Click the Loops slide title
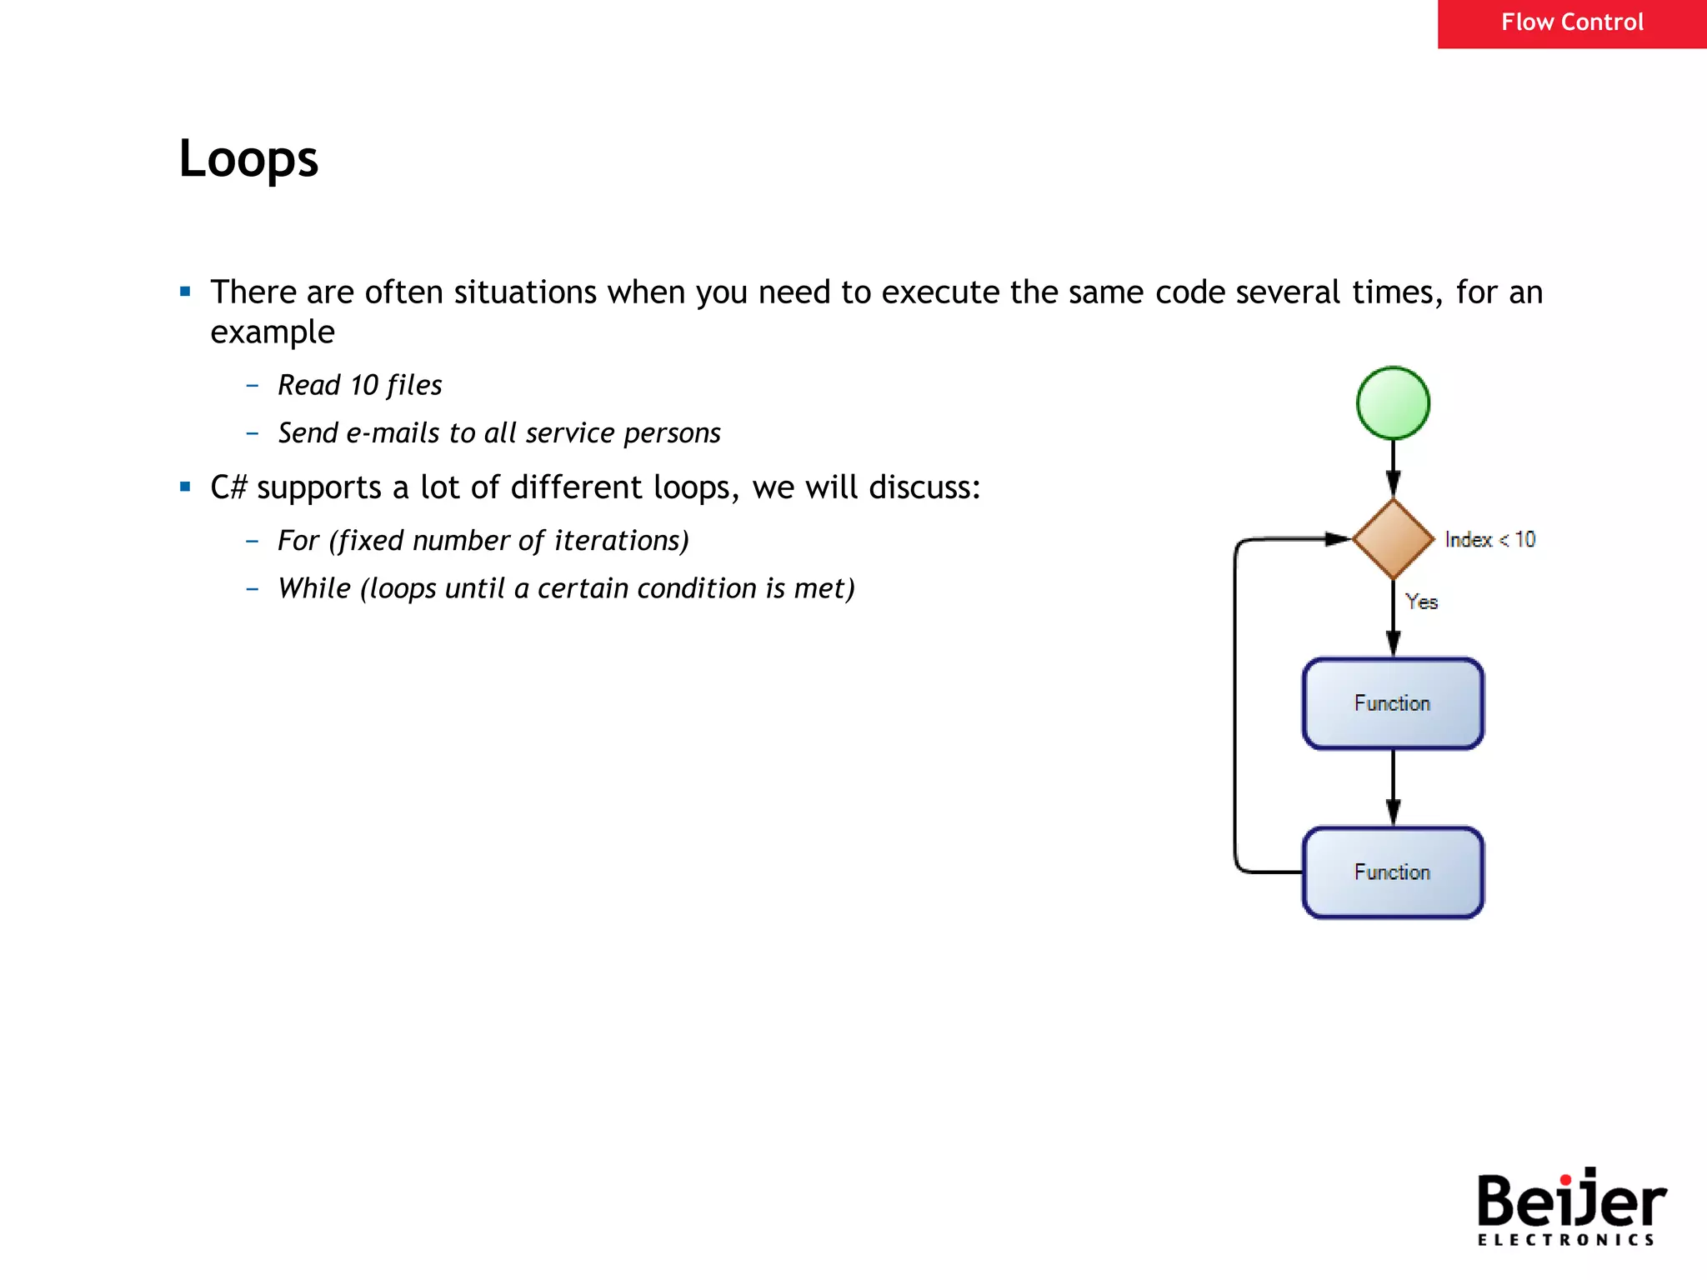coord(248,158)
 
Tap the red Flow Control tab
coord(1571,23)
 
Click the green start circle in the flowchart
coord(1393,403)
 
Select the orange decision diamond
coord(1393,539)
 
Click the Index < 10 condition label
coord(1489,540)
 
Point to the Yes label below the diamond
coord(1421,602)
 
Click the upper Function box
coord(1393,703)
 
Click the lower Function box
coord(1393,872)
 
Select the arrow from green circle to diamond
coord(1393,468)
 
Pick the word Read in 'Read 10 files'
coord(309,385)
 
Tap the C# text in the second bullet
coord(228,487)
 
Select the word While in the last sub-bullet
coord(314,588)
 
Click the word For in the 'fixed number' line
coord(298,541)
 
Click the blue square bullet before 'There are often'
coord(185,292)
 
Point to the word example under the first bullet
coord(273,332)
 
